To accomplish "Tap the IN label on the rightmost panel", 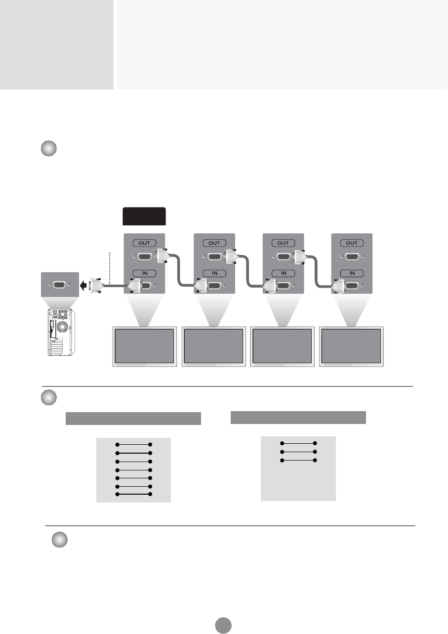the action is point(352,273).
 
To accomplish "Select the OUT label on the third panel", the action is point(284,243).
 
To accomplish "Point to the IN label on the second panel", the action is point(214,273).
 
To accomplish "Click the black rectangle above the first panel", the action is point(144,216).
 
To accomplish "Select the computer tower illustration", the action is point(60,332).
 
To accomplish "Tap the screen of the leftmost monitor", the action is point(145,345).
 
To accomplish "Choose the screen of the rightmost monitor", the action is point(352,345).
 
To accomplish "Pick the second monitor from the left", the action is point(214,345).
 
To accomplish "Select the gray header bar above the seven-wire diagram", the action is point(133,418).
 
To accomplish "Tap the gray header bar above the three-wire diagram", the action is point(298,417).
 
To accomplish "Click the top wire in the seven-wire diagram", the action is point(133,444).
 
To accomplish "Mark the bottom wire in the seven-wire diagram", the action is point(133,494).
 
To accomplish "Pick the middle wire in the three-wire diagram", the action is point(298,452).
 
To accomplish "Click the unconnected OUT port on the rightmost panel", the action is point(352,257).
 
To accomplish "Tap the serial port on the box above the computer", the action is point(59,285).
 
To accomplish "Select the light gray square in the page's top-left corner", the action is point(57,44).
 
